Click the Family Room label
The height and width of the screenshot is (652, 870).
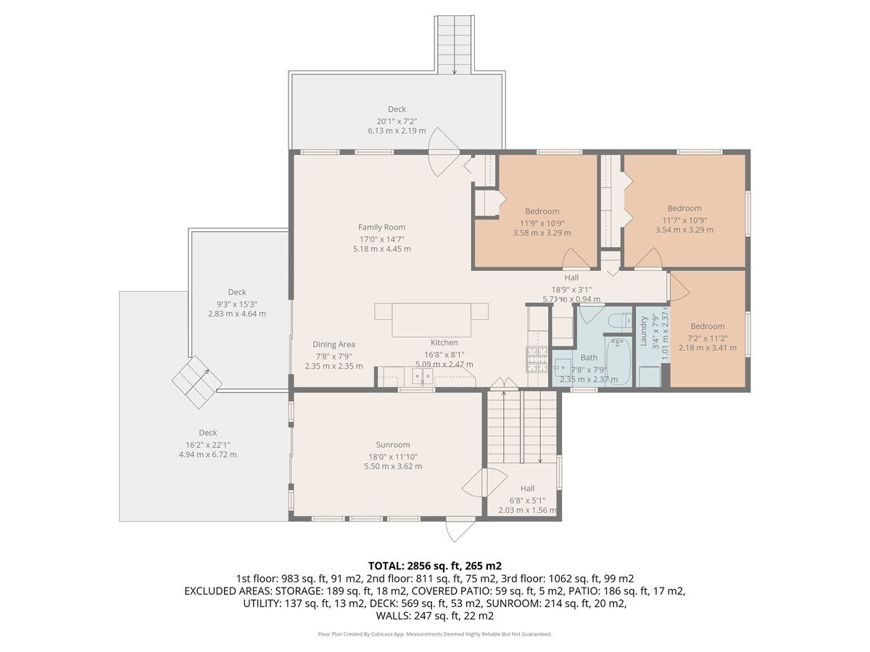coord(381,227)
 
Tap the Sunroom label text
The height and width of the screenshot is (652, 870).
coord(393,445)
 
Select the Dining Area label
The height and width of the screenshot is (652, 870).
coord(333,344)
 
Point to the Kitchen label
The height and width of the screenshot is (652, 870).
coord(444,343)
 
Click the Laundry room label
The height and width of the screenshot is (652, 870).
coord(643,331)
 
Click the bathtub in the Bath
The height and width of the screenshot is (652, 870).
coord(618,361)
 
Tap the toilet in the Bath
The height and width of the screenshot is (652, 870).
coord(618,320)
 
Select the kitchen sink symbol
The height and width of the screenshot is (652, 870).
coord(422,376)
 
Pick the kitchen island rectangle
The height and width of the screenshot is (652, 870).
coord(431,320)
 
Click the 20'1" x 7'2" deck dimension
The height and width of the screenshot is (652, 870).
coord(397,121)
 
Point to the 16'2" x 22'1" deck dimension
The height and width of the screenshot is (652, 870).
coord(207,445)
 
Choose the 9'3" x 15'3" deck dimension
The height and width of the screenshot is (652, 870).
coord(237,304)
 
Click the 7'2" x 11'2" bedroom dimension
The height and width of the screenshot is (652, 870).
coord(708,338)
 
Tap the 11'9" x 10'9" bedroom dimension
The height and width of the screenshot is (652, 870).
coord(542,223)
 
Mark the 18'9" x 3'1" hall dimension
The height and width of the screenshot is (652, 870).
coord(571,289)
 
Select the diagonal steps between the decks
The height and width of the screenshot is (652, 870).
coord(197,382)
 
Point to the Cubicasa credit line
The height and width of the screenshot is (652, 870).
coord(435,634)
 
